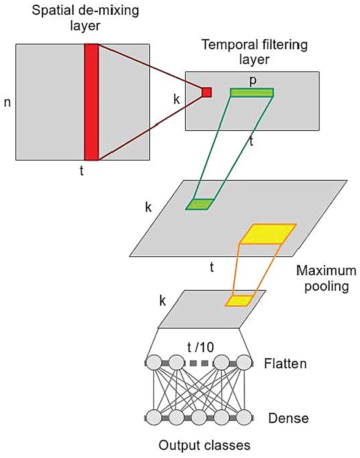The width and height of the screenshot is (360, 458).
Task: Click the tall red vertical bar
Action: point(91,102)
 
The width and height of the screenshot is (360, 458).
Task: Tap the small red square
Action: point(206,92)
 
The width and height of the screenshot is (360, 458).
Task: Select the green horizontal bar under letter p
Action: point(252,92)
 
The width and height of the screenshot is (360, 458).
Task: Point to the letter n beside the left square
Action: point(7,101)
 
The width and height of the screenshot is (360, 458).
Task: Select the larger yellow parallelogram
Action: point(267,234)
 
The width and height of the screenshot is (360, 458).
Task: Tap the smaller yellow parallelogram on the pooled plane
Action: point(239,300)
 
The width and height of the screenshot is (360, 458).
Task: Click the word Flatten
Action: point(285,363)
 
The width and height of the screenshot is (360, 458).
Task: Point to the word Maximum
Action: point(323,270)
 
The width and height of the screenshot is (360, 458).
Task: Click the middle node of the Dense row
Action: point(199,417)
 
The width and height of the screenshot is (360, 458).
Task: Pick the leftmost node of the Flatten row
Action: point(154,363)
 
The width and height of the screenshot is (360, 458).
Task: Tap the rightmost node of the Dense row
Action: point(244,417)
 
